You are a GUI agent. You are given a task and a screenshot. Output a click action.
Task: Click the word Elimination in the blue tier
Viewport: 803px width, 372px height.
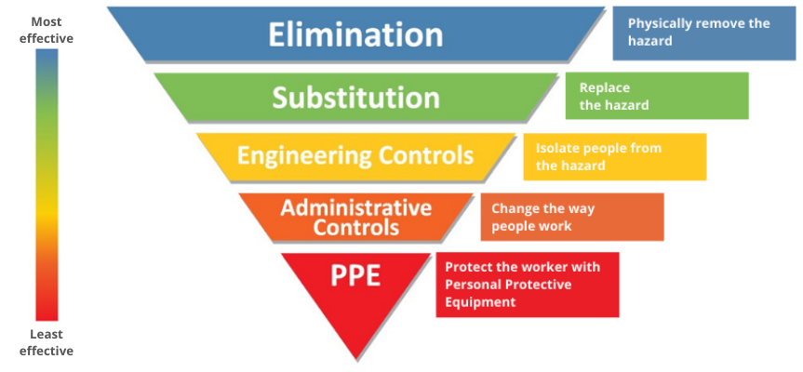pos(355,34)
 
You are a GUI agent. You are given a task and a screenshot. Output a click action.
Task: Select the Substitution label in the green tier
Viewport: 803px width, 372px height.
pos(355,97)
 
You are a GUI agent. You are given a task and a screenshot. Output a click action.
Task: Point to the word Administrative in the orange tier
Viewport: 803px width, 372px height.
pos(355,206)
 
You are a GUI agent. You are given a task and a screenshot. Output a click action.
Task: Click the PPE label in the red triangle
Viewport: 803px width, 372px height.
pos(355,276)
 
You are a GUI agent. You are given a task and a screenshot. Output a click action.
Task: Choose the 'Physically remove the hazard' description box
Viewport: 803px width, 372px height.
pos(704,33)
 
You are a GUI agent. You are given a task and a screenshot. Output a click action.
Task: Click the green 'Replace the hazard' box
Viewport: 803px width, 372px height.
pos(656,96)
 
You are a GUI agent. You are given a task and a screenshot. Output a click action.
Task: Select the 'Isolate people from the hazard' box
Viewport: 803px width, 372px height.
pos(614,156)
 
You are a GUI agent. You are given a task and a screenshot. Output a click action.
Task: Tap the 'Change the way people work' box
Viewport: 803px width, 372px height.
pos(571,217)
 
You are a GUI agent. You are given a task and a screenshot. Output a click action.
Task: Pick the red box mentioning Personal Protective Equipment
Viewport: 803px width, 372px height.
pos(527,285)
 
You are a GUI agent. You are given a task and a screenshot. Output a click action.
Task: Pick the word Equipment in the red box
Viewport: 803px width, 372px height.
pos(480,302)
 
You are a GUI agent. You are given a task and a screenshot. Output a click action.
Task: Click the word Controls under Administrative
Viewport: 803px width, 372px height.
pos(355,227)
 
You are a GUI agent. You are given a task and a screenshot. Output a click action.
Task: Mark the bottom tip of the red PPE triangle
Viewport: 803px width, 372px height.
pos(355,358)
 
